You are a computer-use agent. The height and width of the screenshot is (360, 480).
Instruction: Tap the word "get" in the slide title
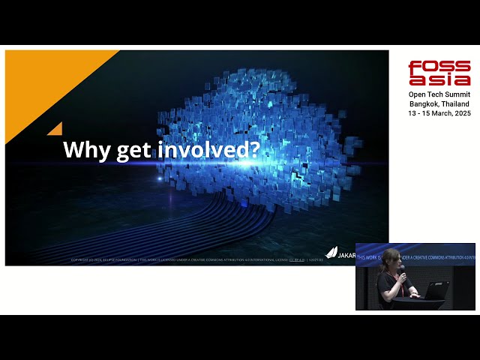click(x=133, y=151)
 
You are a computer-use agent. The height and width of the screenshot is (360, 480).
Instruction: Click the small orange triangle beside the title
click(x=55, y=129)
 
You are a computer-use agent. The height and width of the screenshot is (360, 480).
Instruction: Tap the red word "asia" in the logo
click(x=439, y=79)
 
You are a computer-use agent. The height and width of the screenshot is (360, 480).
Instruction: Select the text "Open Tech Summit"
click(x=439, y=94)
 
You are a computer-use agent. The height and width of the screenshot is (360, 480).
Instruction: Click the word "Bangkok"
click(x=424, y=103)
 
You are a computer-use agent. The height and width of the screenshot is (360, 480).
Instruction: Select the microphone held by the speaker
click(x=401, y=269)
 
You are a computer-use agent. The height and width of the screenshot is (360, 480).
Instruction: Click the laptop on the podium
click(x=436, y=289)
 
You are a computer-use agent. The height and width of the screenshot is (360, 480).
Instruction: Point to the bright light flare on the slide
click(x=159, y=178)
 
